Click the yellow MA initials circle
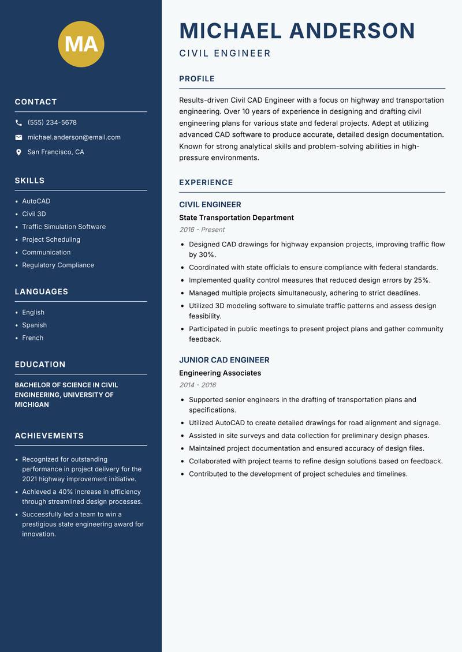(81, 44)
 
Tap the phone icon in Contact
(18, 123)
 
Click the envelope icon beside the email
(18, 137)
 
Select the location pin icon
(18, 152)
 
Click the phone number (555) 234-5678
(52, 123)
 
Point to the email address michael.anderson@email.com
(74, 137)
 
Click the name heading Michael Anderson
(297, 31)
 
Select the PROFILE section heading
(197, 79)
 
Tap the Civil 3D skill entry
(34, 214)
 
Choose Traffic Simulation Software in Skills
(64, 227)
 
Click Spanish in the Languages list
(34, 325)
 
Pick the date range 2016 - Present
(202, 230)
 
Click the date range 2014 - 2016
(198, 385)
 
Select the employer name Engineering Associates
(220, 373)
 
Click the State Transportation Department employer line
(236, 218)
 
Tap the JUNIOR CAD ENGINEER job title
(224, 360)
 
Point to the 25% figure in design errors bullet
(421, 280)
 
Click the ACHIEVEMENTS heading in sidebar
(49, 436)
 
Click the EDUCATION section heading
(40, 365)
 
